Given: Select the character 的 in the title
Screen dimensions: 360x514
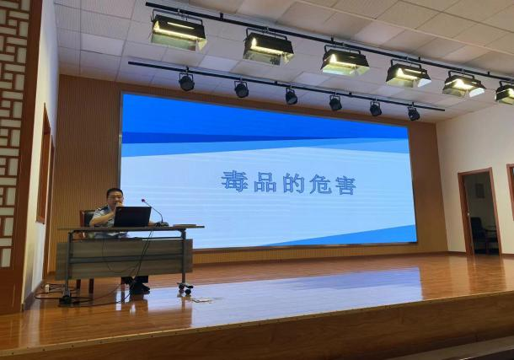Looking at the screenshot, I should pos(292,184).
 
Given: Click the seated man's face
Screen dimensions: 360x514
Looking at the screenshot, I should pos(115,199).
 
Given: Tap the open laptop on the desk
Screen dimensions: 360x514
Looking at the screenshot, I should pos(132,217).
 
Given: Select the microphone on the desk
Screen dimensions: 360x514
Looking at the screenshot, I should pos(153,212).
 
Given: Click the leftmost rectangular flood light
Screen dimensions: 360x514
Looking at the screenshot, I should pos(178,32).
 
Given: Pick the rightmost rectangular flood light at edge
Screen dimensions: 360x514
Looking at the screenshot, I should pos(505,93).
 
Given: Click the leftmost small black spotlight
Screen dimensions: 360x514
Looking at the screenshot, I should pos(186,82).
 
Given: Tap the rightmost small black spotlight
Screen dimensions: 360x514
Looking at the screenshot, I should pos(413,113).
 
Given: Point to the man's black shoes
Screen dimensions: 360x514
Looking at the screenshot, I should pos(139,288).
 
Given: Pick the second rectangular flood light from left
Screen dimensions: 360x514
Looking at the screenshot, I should pos(268,47).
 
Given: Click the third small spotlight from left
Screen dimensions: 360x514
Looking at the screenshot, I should pos(291,96).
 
